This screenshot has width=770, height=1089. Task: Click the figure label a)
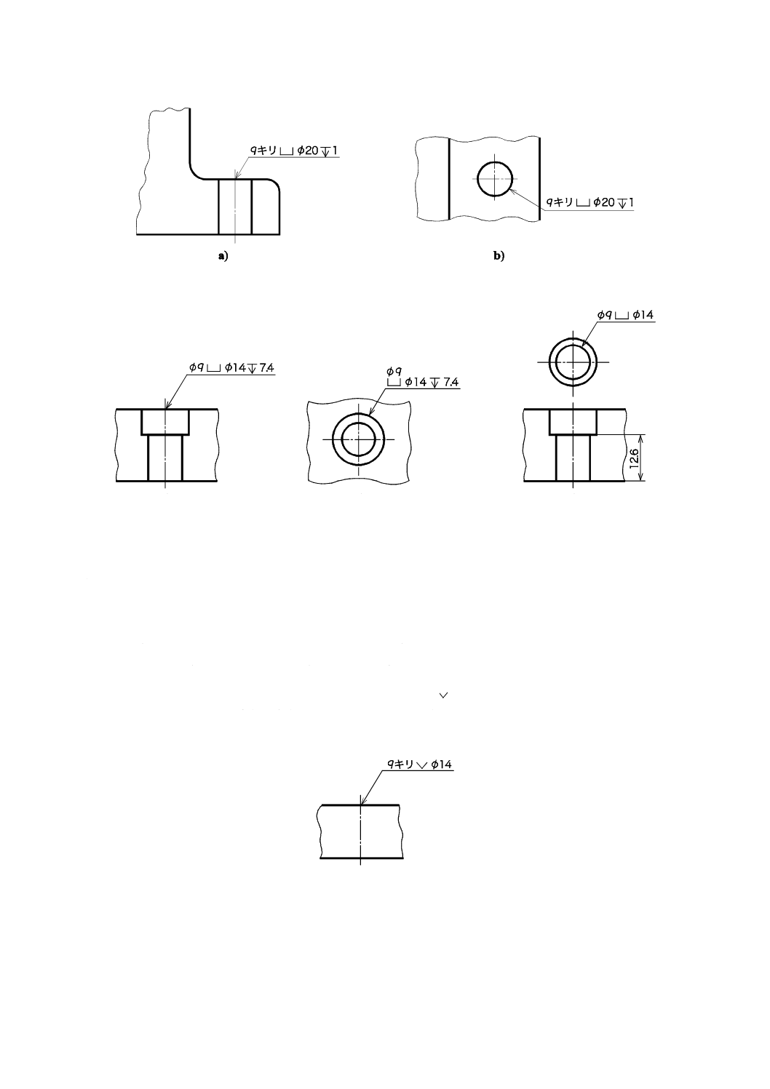click(x=223, y=255)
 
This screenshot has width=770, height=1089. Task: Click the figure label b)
click(x=499, y=255)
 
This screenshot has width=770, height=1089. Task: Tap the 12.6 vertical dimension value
click(x=633, y=458)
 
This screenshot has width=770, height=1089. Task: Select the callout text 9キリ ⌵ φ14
click(x=419, y=764)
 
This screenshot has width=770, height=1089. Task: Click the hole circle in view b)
click(x=496, y=178)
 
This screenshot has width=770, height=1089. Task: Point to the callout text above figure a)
click(x=294, y=151)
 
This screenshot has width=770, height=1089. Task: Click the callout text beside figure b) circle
click(x=590, y=202)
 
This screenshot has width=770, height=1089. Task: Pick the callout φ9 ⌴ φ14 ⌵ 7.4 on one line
click(x=231, y=368)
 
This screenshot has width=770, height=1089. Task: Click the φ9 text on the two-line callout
click(x=394, y=371)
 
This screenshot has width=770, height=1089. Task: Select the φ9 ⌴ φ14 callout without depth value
click(x=625, y=314)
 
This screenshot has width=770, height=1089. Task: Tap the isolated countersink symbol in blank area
click(x=444, y=696)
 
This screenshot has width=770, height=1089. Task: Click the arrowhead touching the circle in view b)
click(x=512, y=190)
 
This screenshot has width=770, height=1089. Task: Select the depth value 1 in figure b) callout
click(x=631, y=202)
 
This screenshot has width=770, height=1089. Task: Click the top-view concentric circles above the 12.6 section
click(x=573, y=362)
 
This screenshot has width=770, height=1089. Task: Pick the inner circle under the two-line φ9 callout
click(x=358, y=439)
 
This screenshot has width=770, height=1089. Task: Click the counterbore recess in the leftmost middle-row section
click(x=165, y=422)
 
